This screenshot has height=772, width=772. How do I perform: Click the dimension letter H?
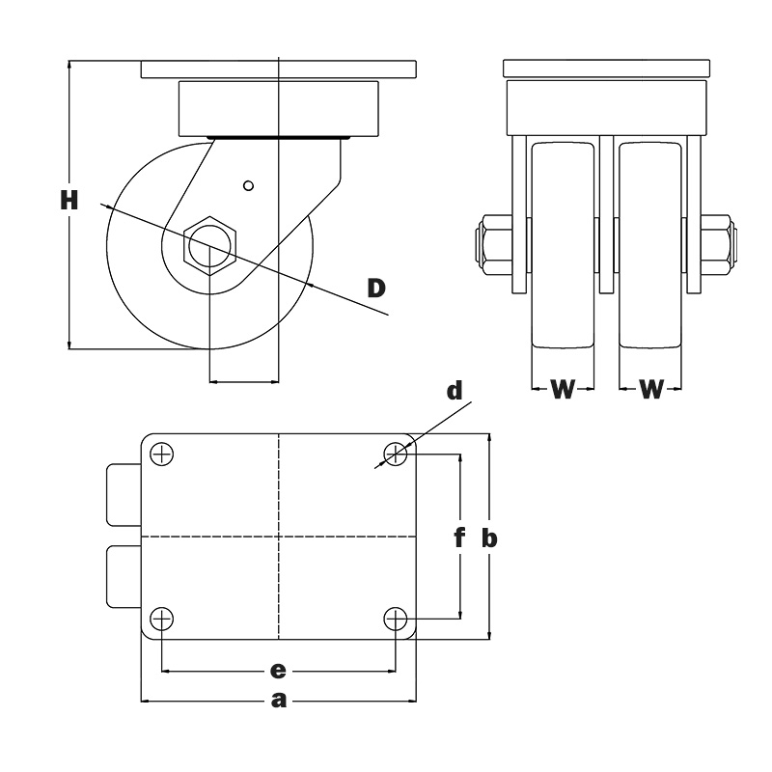pos(69,201)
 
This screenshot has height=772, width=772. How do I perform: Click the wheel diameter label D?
pos(377,287)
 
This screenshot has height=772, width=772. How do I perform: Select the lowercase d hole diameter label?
pos(455,390)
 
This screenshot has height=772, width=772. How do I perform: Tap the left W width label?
pos(563,389)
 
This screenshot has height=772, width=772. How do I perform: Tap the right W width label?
pos(652,389)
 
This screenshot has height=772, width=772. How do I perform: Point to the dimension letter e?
pos(279,669)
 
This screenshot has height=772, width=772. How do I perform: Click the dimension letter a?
pos(279,701)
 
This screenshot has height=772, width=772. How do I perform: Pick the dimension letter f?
pos(460,538)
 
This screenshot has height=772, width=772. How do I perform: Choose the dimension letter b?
pos(489,538)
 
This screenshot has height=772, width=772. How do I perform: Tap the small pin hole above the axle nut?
pos(248,185)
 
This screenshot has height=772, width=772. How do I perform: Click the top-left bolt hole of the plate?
pos(162,454)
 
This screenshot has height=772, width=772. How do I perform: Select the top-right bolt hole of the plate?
pos(396,454)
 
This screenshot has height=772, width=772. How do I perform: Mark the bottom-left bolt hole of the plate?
pos(162,618)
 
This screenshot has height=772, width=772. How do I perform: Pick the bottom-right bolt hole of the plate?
pos(396,618)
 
